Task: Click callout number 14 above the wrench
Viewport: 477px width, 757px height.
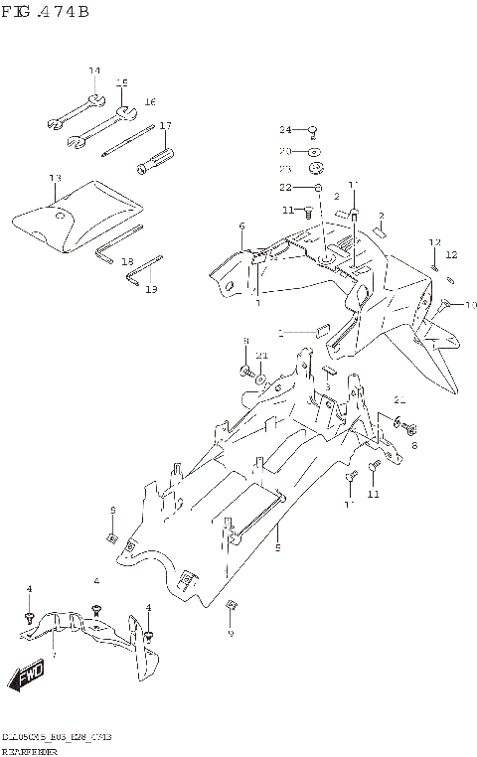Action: [x=94, y=71]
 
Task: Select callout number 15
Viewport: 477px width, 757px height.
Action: [x=122, y=82]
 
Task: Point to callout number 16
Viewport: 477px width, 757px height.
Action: [x=150, y=102]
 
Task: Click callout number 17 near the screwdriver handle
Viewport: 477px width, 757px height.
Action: [x=166, y=126]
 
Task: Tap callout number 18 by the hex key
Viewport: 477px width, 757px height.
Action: [x=127, y=261]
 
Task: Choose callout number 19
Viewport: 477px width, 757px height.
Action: [x=151, y=289]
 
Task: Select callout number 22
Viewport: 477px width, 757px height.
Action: [x=284, y=188]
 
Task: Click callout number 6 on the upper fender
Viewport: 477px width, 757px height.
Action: [x=241, y=227]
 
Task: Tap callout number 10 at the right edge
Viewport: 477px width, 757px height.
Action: [x=471, y=305]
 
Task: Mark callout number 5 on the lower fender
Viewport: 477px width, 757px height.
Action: [x=278, y=547]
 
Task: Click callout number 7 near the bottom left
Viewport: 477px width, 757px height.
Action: [x=54, y=655]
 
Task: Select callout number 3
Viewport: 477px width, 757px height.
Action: [x=327, y=386]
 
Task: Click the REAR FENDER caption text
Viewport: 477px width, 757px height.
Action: [x=29, y=752]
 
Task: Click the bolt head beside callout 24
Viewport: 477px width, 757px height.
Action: [x=311, y=129]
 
